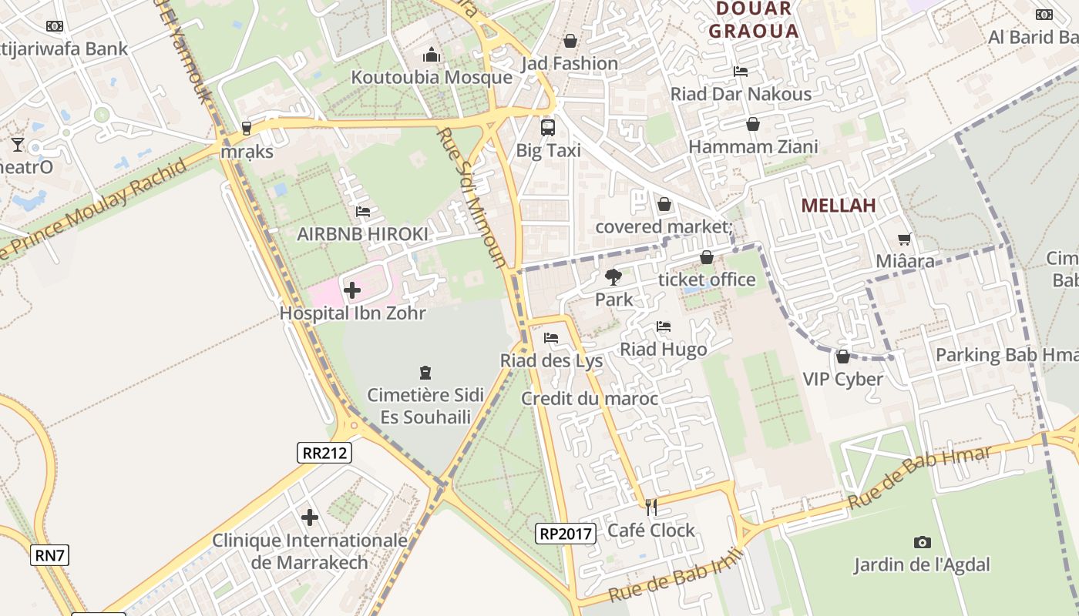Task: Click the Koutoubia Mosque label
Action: tap(432, 78)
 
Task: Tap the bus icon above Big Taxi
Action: tap(548, 128)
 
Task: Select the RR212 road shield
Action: tap(324, 453)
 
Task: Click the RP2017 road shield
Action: tap(566, 533)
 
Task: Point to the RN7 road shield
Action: tap(51, 554)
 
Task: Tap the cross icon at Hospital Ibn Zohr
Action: tap(352, 290)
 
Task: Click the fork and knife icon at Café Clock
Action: tap(651, 507)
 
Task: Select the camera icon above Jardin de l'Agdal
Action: tap(922, 542)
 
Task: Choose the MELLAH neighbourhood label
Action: tap(839, 206)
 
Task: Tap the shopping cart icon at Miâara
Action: tap(905, 239)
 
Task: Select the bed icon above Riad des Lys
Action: tap(551, 338)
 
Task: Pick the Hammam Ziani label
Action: tap(753, 146)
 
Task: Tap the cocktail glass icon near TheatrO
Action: tap(18, 144)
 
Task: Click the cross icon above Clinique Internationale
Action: tap(310, 517)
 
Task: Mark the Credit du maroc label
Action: tap(590, 399)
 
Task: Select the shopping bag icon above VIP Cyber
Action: tap(843, 357)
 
